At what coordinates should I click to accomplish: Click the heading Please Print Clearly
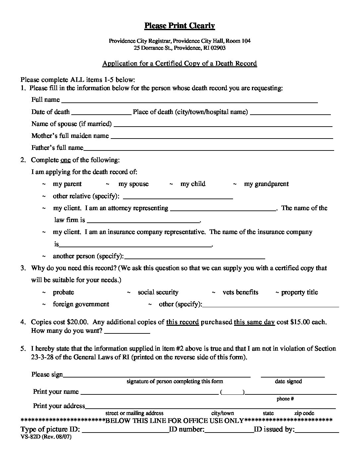point(180,26)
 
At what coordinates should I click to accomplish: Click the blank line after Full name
point(189,101)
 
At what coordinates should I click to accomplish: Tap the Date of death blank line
point(101,113)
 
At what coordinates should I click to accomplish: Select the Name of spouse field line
point(223,125)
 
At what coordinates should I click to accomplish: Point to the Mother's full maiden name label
point(70,136)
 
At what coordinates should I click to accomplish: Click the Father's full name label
point(57,147)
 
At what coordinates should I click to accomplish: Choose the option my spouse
point(133,184)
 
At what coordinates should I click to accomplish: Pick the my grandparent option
point(266,184)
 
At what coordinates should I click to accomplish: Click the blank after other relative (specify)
point(178,197)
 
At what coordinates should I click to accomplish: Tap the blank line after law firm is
point(143,221)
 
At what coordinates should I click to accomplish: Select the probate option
point(63,292)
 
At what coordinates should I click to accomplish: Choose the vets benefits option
point(240,292)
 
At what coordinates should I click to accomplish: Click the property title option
point(299,292)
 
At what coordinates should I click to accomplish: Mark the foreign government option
point(81,304)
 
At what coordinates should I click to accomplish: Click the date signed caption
point(288,381)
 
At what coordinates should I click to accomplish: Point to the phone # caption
point(285,399)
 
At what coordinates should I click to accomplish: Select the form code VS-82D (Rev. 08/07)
point(46,437)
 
